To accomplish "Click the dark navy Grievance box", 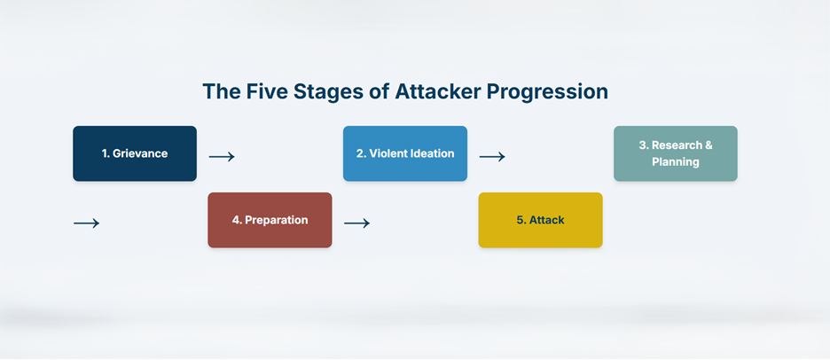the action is tap(135, 153).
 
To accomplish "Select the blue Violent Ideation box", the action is tap(405, 153).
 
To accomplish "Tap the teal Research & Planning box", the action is tap(676, 153).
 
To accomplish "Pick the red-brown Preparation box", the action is tap(270, 220).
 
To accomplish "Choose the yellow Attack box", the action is tap(540, 220).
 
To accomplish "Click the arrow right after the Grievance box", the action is tap(222, 157).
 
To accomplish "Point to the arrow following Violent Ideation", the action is tap(492, 157).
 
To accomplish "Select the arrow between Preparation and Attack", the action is tap(356, 223).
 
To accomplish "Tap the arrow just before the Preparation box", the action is tap(86, 223).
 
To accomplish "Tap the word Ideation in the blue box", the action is tap(430, 153).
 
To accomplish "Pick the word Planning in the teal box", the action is tap(676, 162).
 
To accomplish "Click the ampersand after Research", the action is tap(708, 145).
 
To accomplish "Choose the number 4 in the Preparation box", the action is tap(236, 220).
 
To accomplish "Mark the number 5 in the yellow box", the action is tap(520, 220).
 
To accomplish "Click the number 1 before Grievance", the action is tap(105, 153).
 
